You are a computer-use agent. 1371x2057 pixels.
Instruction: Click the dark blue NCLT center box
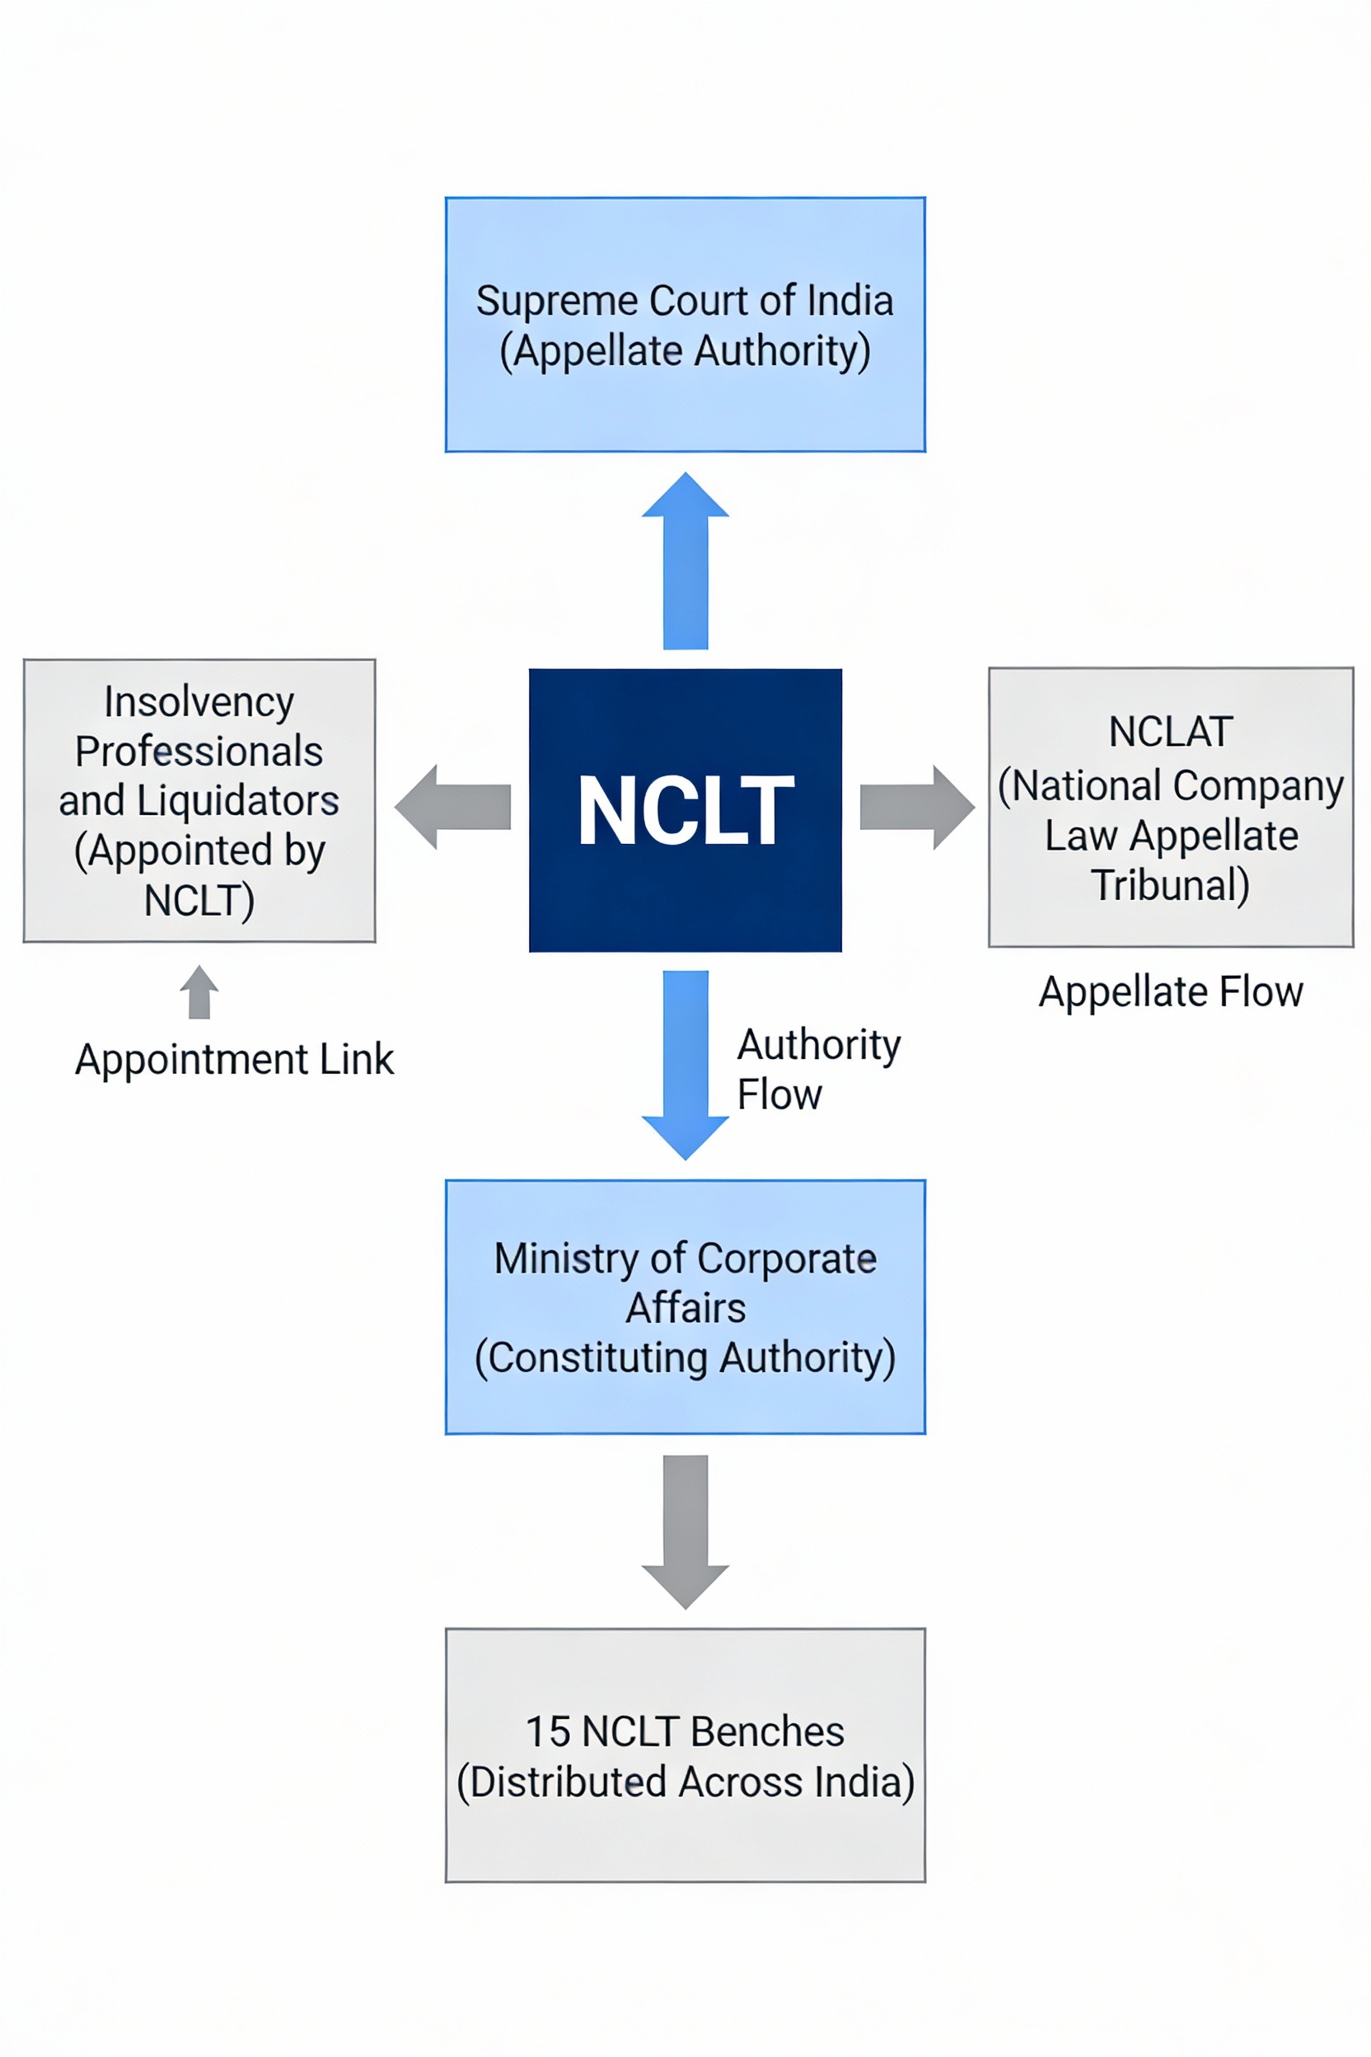pyautogui.click(x=685, y=810)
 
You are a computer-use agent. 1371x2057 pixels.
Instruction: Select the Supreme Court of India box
pyautogui.click(x=685, y=325)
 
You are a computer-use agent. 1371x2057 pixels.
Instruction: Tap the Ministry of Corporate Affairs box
pyautogui.click(x=685, y=1306)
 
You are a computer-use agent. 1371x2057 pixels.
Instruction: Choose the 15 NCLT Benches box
pyautogui.click(x=685, y=1755)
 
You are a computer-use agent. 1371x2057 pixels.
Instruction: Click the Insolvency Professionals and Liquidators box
pyautogui.click(x=199, y=800)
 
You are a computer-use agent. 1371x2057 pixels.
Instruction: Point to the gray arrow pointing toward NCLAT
pyautogui.click(x=916, y=806)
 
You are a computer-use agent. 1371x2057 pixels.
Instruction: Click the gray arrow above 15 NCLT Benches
pyautogui.click(x=685, y=1530)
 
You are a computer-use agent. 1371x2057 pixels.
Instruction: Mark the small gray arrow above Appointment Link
pyautogui.click(x=199, y=991)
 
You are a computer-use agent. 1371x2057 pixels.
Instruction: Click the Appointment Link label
pyautogui.click(x=234, y=1059)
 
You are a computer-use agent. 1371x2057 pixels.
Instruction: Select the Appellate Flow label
pyautogui.click(x=1171, y=991)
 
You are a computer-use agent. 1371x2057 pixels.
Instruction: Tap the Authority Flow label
pyautogui.click(x=817, y=1069)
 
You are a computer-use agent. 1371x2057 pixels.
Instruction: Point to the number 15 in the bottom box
pyautogui.click(x=547, y=1731)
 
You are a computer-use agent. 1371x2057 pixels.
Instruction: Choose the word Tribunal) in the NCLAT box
pyautogui.click(x=1170, y=885)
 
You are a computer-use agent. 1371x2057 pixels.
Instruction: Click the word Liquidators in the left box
pyautogui.click(x=238, y=800)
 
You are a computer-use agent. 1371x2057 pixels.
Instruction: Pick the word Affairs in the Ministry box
pyautogui.click(x=685, y=1309)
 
